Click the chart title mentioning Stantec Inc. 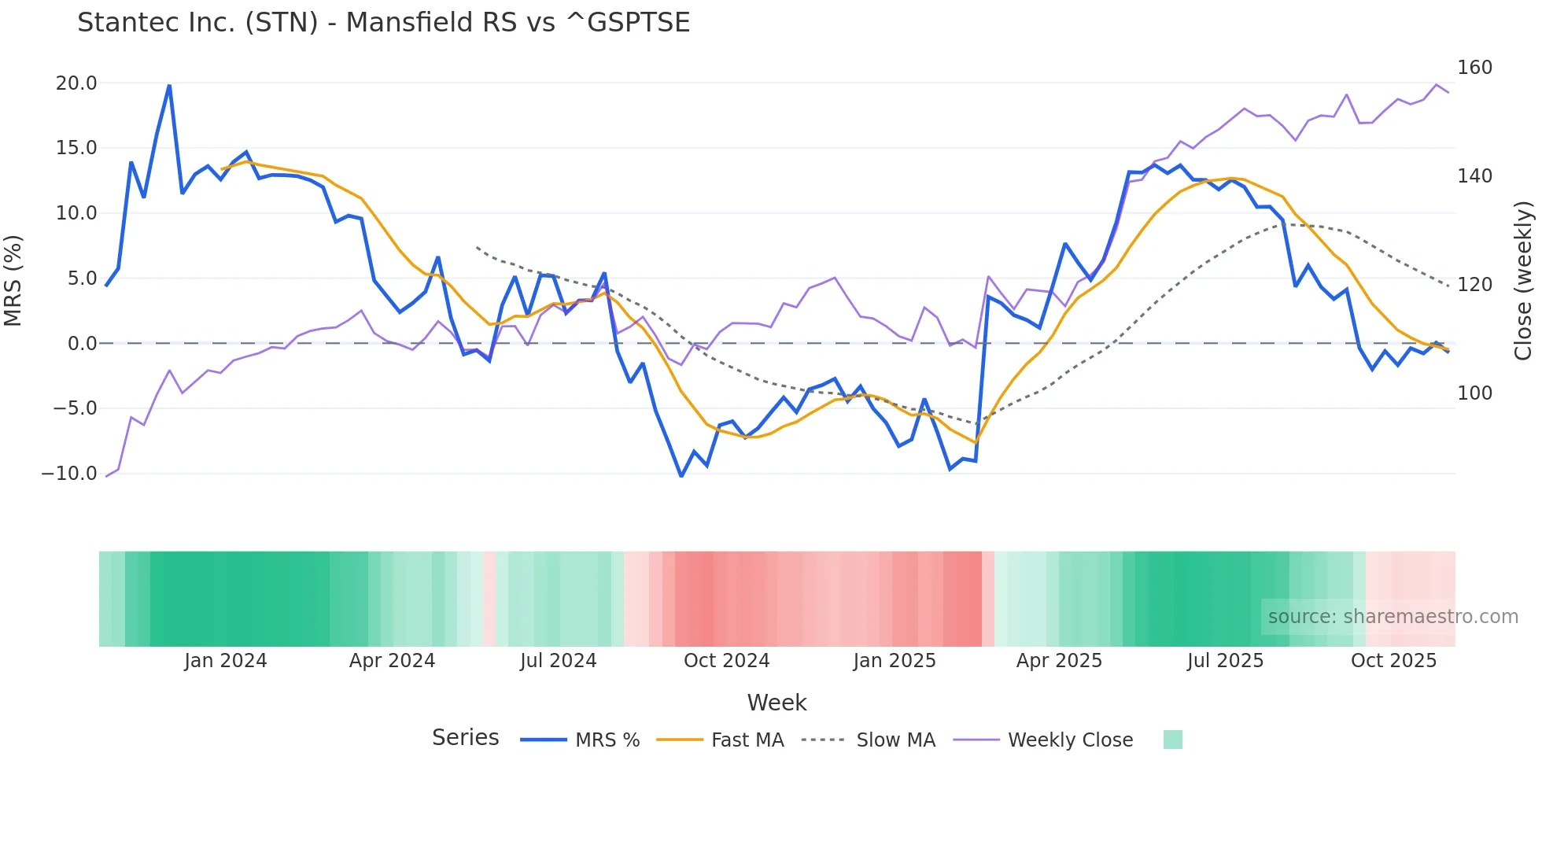pyautogui.click(x=383, y=23)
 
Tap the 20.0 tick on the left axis pyautogui.click(x=76, y=83)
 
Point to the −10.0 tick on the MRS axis pyautogui.click(x=69, y=474)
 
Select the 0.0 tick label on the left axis pyautogui.click(x=82, y=344)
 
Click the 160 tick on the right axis pyautogui.click(x=1474, y=68)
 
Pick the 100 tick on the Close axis pyautogui.click(x=1474, y=393)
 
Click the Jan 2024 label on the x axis pyautogui.click(x=226, y=661)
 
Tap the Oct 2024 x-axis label pyautogui.click(x=726, y=661)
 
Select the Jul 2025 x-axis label pyautogui.click(x=1225, y=661)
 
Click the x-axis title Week pyautogui.click(x=777, y=703)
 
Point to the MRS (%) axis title pyautogui.click(x=13, y=281)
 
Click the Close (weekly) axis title pyautogui.click(x=1523, y=281)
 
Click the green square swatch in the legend pyautogui.click(x=1172, y=740)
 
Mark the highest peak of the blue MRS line pyautogui.click(x=169, y=85)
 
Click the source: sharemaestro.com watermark pyautogui.click(x=1393, y=617)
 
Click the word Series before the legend pyautogui.click(x=465, y=738)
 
